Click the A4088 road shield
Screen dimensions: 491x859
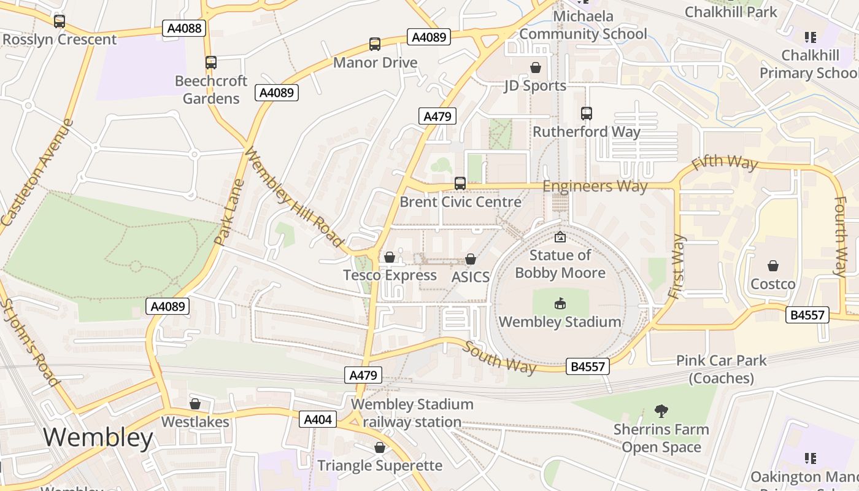click(x=183, y=28)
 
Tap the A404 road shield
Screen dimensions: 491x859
click(x=318, y=419)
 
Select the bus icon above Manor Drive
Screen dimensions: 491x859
click(x=375, y=44)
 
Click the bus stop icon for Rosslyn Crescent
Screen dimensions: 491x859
click(x=60, y=21)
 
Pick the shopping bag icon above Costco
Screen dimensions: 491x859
click(x=773, y=266)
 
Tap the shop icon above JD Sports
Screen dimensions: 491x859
click(x=536, y=68)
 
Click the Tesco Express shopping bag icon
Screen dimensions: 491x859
click(x=390, y=257)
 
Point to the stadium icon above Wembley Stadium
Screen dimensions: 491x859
click(x=560, y=303)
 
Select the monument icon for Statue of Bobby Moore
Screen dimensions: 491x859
click(x=560, y=237)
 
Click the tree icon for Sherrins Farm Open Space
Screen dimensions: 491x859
click(x=661, y=411)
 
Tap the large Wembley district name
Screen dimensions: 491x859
click(x=98, y=438)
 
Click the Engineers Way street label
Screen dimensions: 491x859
click(x=595, y=186)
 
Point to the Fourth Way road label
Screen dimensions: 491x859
click(x=840, y=236)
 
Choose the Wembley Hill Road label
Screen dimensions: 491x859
click(x=293, y=197)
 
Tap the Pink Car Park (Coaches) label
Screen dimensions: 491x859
click(x=722, y=369)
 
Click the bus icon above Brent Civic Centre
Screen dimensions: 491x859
click(x=460, y=184)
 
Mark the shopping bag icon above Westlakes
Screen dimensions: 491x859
click(x=195, y=404)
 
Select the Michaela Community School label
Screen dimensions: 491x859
click(x=583, y=25)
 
